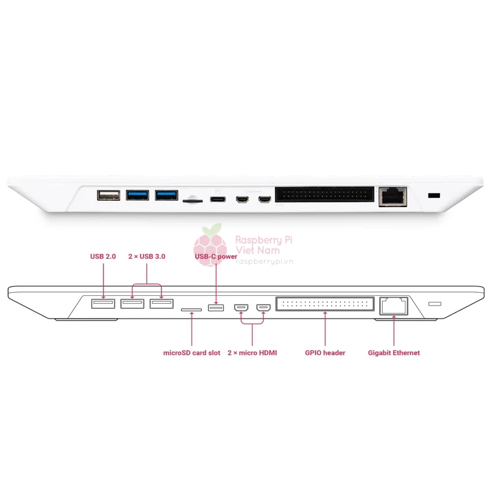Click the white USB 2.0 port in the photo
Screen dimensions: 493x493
click(108, 195)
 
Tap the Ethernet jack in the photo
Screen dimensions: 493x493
click(393, 197)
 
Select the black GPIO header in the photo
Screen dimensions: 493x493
click(325, 194)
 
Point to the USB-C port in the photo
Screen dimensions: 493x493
click(218, 199)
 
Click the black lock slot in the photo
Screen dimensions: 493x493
click(434, 195)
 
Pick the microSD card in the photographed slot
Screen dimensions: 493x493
click(192, 200)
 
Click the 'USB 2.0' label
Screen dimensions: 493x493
click(103, 256)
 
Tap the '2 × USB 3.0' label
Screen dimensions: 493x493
click(147, 256)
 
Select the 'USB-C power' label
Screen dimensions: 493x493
click(216, 256)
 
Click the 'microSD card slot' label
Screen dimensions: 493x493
click(192, 352)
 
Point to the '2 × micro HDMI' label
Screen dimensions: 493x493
click(252, 352)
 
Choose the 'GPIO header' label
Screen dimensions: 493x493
click(325, 352)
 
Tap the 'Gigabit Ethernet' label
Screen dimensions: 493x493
click(394, 352)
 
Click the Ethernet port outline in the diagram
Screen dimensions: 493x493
click(394, 306)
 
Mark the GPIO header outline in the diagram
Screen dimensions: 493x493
click(325, 304)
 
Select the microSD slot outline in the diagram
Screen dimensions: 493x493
click(191, 310)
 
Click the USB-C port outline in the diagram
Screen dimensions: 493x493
click(216, 308)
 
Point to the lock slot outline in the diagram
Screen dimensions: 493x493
click(435, 304)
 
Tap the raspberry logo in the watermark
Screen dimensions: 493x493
click(210, 245)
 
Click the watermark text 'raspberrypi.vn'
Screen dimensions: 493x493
click(264, 261)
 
